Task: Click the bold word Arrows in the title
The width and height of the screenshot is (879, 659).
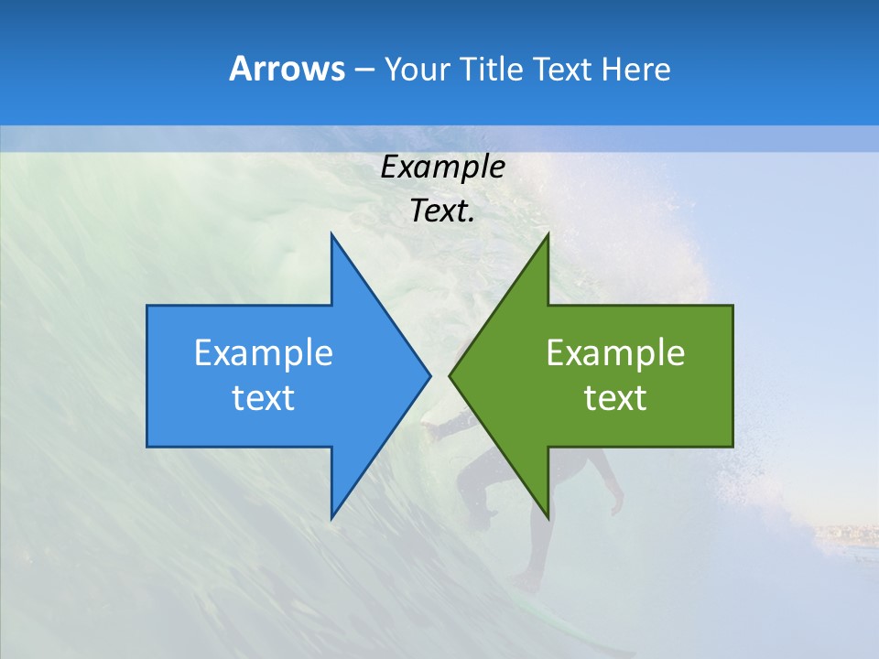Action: point(286,69)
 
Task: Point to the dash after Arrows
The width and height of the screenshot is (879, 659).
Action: point(363,70)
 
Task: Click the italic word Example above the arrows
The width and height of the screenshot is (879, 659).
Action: point(442,167)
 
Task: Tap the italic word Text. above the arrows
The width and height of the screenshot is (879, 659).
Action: point(442,211)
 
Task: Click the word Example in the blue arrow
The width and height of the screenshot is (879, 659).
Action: point(264,353)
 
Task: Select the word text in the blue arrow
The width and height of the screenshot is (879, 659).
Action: point(264,398)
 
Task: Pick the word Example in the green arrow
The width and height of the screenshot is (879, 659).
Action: point(615,353)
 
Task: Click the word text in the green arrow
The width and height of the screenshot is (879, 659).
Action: point(615,398)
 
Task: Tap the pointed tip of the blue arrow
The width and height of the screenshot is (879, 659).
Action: point(427,375)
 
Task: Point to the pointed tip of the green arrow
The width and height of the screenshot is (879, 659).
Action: point(452,375)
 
